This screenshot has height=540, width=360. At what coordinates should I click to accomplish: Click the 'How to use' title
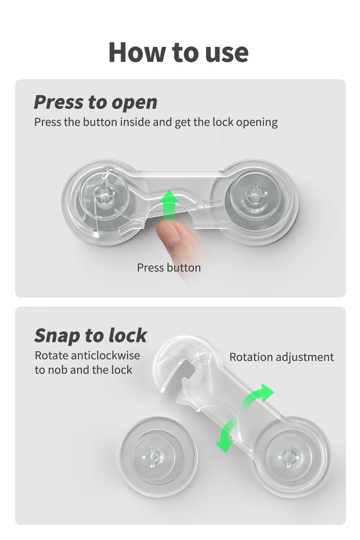click(x=179, y=52)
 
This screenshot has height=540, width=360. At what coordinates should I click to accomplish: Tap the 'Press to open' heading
click(x=95, y=102)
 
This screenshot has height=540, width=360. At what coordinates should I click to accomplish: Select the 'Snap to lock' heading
click(x=90, y=335)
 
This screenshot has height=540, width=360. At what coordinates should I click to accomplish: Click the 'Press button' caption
click(x=169, y=268)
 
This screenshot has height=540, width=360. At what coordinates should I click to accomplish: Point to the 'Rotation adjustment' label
click(x=281, y=357)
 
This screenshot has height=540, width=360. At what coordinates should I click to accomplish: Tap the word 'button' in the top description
click(x=100, y=122)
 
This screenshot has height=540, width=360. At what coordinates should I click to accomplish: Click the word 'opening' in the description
click(x=257, y=122)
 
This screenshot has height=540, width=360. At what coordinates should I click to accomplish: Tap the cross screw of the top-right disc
click(x=256, y=193)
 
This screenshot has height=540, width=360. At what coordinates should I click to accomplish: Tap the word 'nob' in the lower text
click(x=57, y=370)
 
